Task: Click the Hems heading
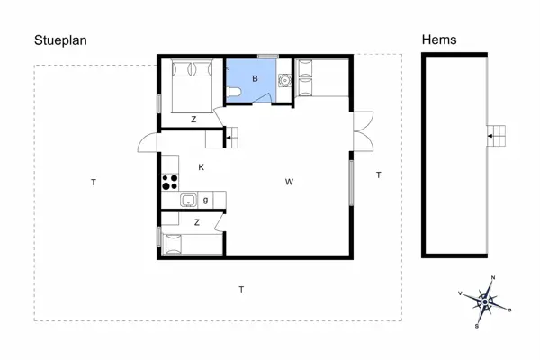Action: (439, 40)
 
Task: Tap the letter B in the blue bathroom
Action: (256, 80)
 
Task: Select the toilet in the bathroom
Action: (233, 94)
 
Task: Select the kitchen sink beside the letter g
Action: (189, 201)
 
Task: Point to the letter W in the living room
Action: (289, 183)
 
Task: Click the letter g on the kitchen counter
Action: (206, 200)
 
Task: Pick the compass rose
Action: (486, 303)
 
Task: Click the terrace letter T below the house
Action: (241, 289)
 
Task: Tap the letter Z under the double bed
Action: (193, 119)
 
